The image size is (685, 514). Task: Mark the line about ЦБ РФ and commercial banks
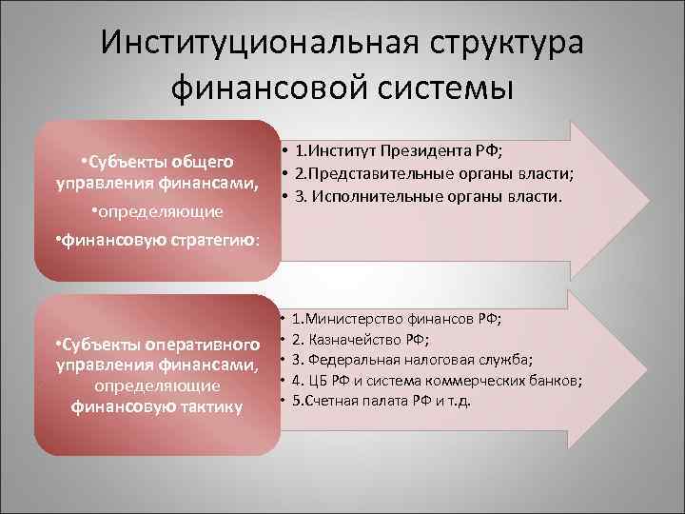437,381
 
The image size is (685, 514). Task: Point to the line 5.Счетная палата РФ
381,401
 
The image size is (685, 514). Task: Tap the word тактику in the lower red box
208,407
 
